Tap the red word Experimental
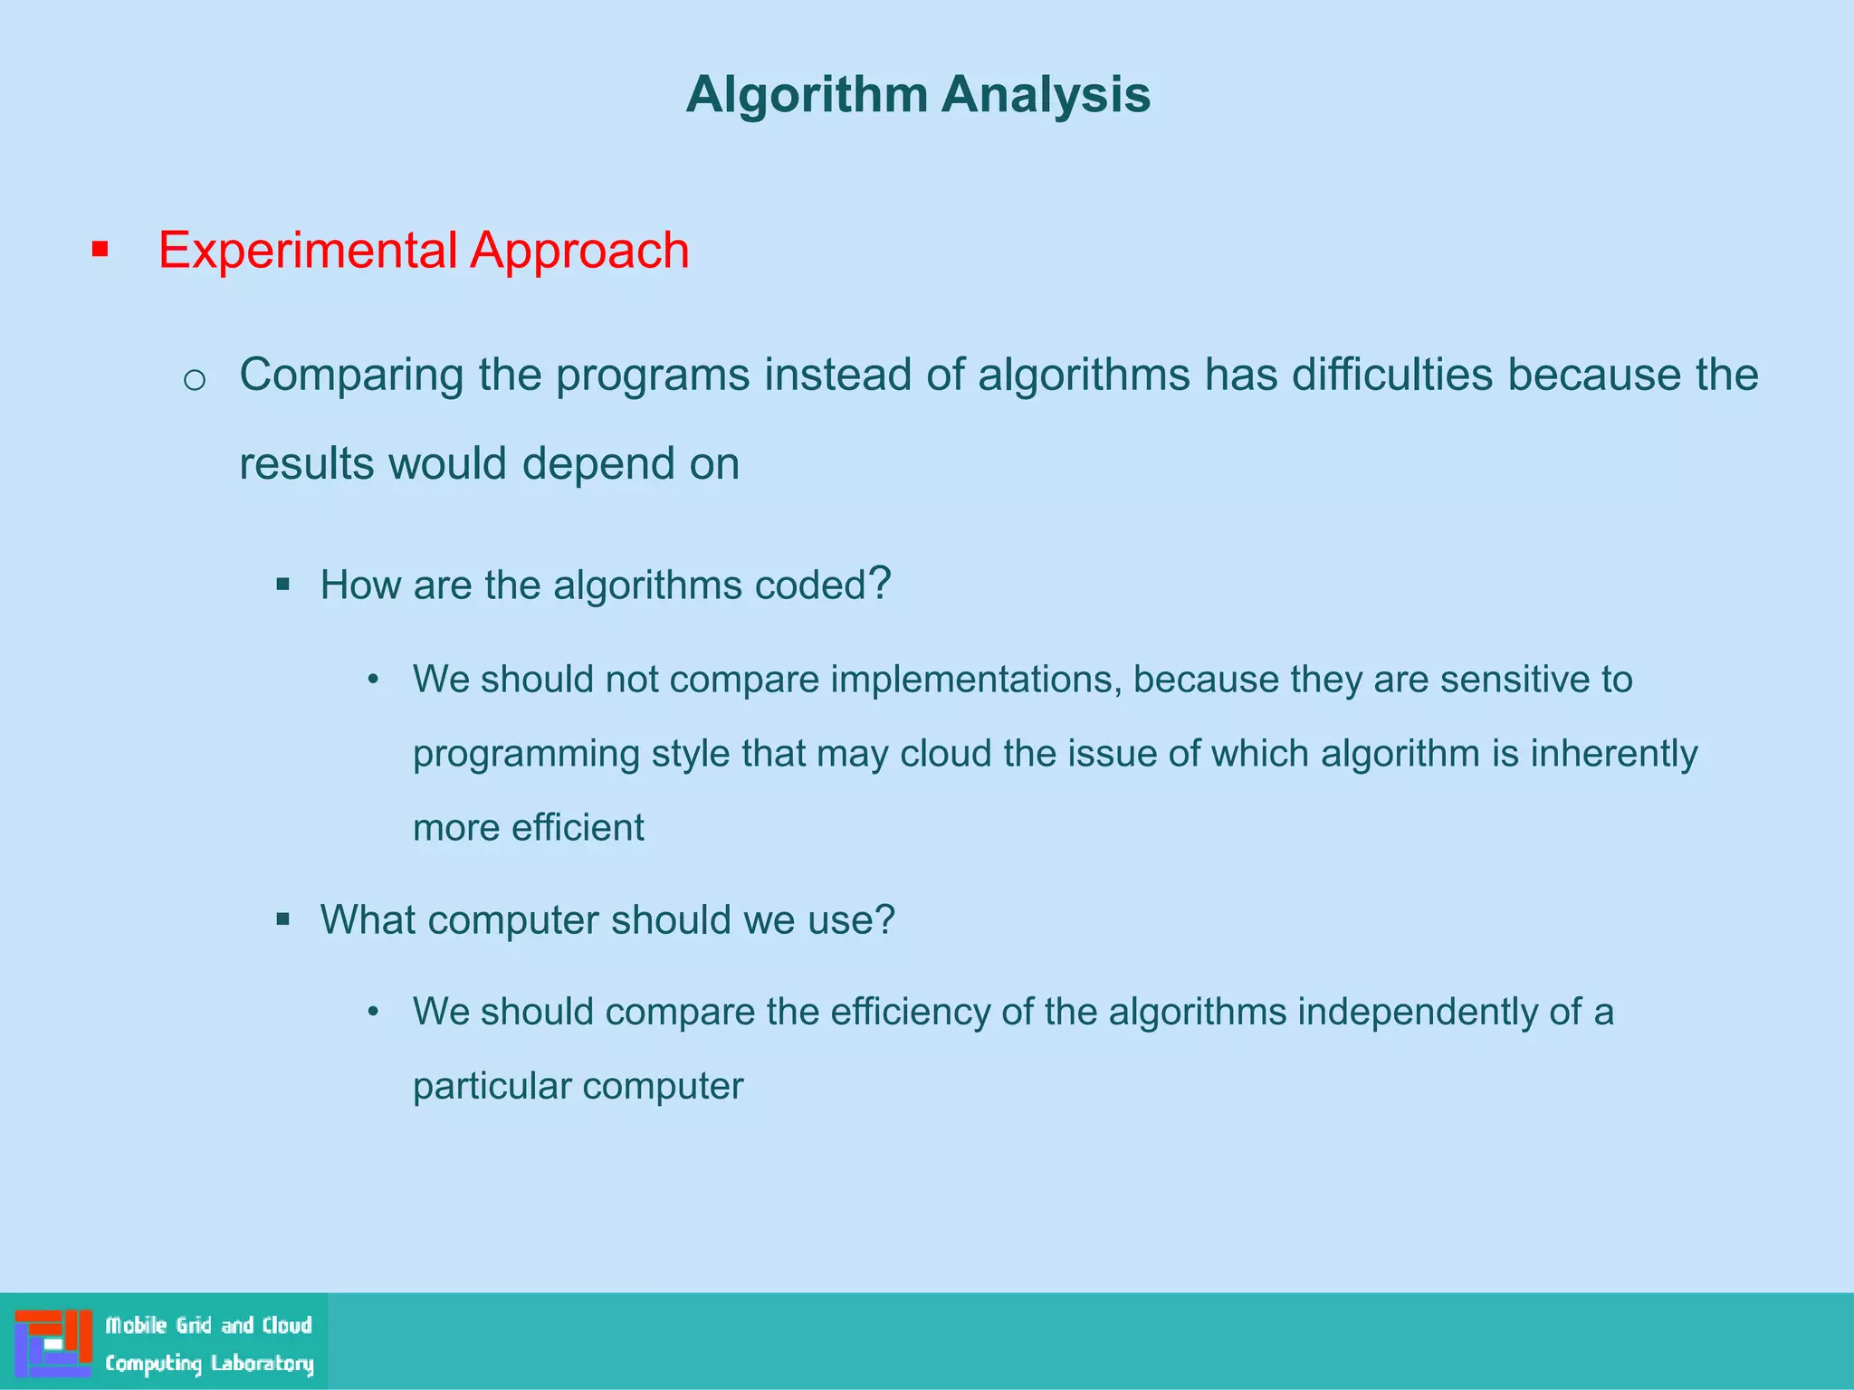(x=307, y=251)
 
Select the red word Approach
(x=579, y=251)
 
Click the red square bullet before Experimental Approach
(x=100, y=250)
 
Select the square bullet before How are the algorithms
(x=283, y=585)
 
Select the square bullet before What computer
(x=283, y=920)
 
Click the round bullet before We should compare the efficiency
(x=372, y=1012)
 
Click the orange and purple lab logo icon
(x=53, y=1342)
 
